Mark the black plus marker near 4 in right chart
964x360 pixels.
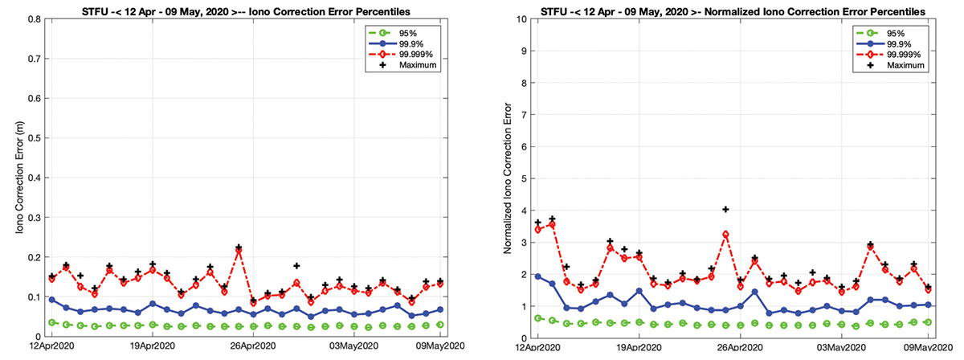click(x=725, y=210)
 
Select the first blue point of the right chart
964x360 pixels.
click(x=537, y=276)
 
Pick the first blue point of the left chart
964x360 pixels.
click(x=52, y=300)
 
